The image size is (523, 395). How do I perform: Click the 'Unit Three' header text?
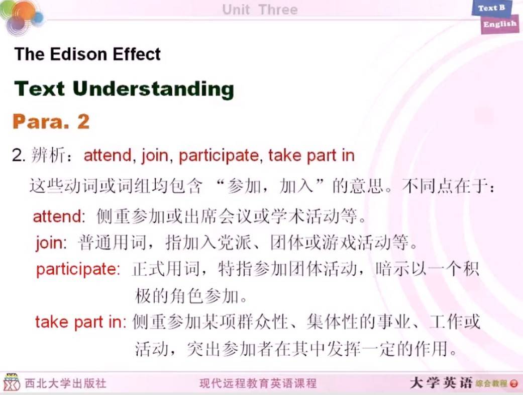(x=260, y=10)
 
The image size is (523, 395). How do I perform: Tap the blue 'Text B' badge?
(x=491, y=9)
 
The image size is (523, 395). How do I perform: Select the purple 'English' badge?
(x=500, y=24)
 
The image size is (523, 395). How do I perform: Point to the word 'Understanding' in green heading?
(x=153, y=89)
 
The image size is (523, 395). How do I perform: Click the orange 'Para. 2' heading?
(x=51, y=121)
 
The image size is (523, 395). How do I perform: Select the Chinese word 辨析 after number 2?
(x=48, y=155)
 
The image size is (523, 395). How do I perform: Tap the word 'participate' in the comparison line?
(x=219, y=155)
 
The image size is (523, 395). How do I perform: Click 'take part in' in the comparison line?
(x=311, y=155)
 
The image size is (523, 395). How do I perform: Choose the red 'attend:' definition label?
(x=59, y=216)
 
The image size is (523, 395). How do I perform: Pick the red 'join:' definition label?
(x=51, y=243)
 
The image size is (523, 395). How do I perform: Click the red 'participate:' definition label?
(x=78, y=269)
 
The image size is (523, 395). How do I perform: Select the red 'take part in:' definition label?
(x=81, y=322)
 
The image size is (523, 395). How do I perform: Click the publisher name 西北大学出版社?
(x=66, y=383)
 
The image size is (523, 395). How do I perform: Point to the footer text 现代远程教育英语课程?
(x=258, y=383)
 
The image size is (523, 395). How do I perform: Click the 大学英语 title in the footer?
(x=441, y=382)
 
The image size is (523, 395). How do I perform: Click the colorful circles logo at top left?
(x=22, y=17)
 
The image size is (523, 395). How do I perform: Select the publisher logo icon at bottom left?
(x=12, y=382)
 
